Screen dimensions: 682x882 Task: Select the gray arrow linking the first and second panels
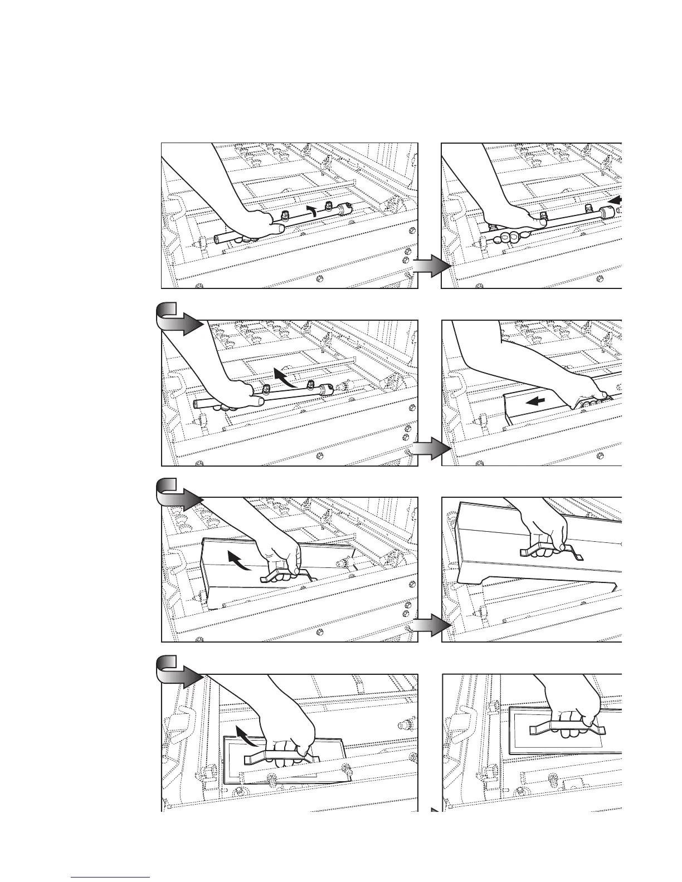click(x=431, y=267)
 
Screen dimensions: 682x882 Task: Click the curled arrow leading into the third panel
click(x=177, y=319)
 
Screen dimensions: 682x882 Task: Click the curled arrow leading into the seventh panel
click(x=177, y=672)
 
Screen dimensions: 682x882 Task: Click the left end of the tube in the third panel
click(x=197, y=403)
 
